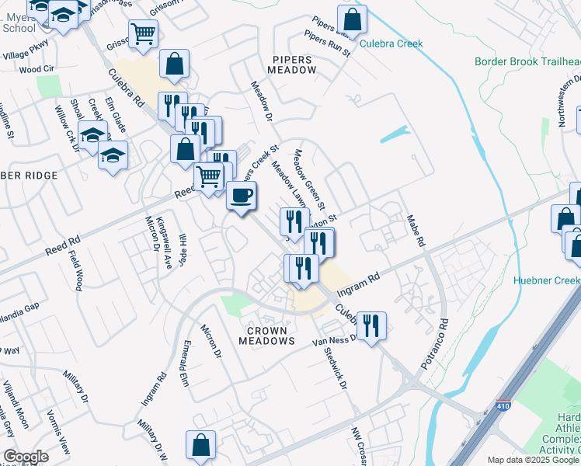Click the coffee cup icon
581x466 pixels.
[x=242, y=195]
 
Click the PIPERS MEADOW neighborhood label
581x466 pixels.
[x=293, y=64]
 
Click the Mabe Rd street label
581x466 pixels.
[x=415, y=231]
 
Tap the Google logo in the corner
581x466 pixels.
[x=26, y=457]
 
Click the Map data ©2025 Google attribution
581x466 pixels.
[x=532, y=460]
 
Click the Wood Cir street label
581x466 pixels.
[x=34, y=69]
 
